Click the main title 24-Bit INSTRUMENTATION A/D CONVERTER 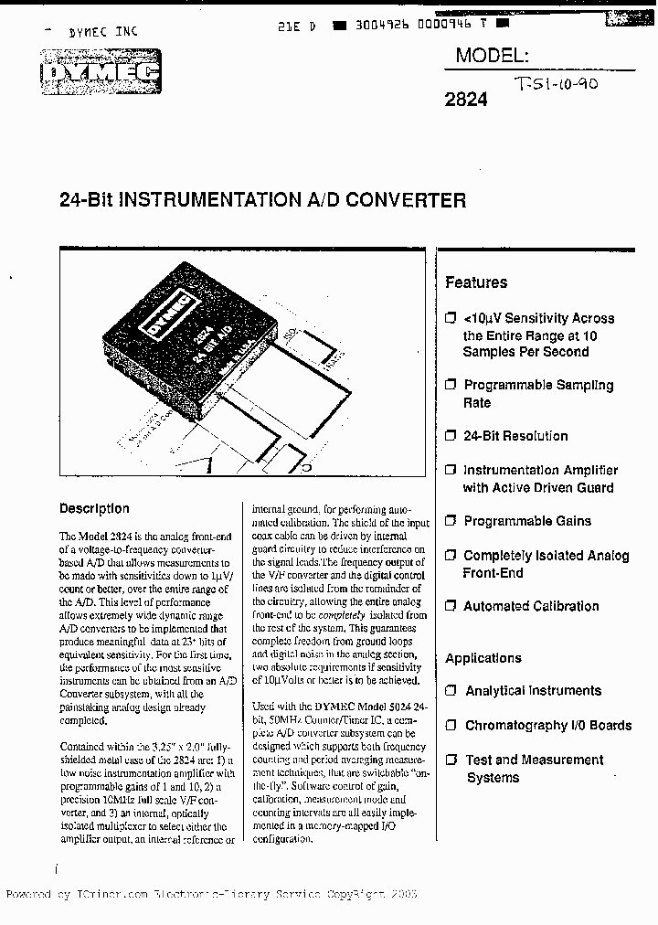263,200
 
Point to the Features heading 475,282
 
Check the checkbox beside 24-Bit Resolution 450,436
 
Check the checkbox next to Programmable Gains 450,521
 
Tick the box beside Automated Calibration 450,606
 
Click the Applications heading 483,658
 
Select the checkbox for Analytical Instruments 450,691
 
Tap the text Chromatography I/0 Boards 548,725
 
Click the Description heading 94,508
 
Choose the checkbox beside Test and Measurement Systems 450,760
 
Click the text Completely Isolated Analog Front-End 546,564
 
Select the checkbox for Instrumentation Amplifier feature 450,470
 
